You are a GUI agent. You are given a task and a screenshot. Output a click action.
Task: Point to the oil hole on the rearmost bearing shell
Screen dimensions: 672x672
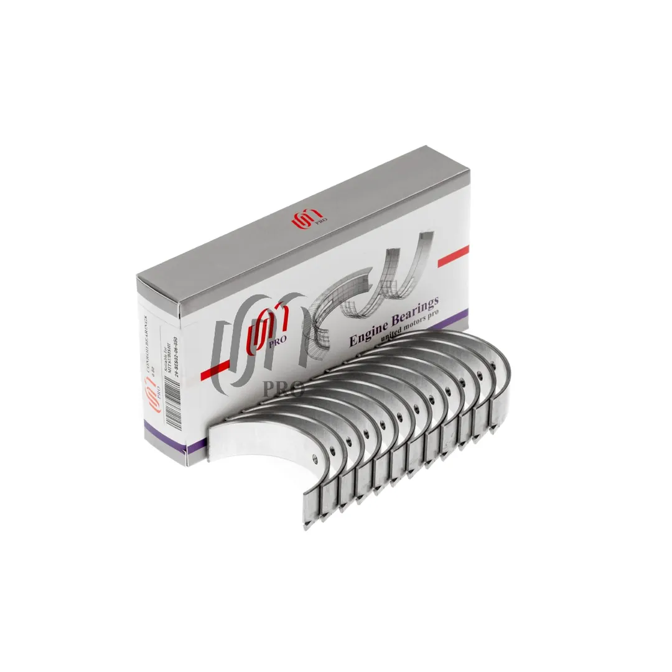(x=480, y=376)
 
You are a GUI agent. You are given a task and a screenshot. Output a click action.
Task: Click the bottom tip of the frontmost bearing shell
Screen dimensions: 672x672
(x=306, y=526)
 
